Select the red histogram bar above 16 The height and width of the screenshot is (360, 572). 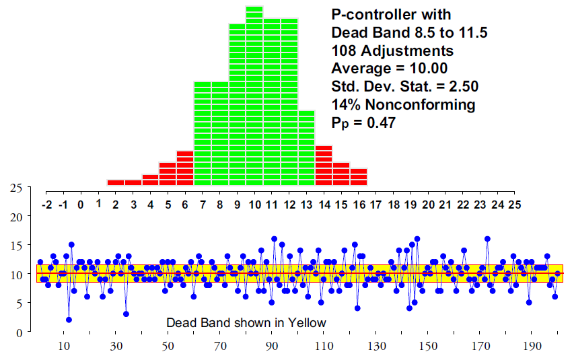[359, 177]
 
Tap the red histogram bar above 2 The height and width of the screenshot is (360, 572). [116, 182]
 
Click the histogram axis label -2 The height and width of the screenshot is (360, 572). [46, 204]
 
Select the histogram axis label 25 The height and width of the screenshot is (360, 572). [515, 204]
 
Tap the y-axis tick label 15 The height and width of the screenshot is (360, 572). [17, 246]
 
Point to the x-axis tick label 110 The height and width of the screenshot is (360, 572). [325, 347]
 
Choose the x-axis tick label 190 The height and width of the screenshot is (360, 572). [533, 347]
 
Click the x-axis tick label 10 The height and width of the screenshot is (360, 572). [65, 347]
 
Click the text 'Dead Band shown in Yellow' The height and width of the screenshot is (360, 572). [246, 323]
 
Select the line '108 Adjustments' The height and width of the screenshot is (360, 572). [392, 50]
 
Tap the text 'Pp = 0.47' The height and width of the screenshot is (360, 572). [363, 122]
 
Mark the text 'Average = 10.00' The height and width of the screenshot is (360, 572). [390, 69]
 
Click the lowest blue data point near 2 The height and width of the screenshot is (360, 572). [69, 320]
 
